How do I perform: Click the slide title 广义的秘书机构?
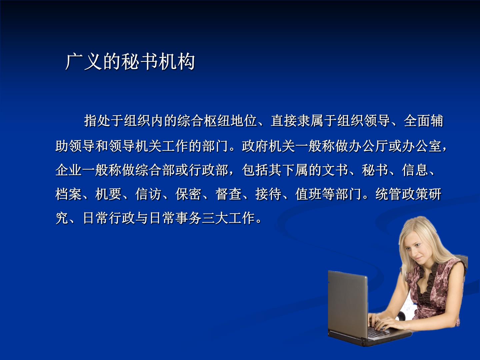tap(130, 62)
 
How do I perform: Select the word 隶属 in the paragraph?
tap(311, 121)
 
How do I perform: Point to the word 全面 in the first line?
tap(417, 121)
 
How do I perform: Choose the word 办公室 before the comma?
tap(422, 146)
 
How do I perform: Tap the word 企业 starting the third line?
tap(69, 170)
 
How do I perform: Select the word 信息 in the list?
tap(415, 170)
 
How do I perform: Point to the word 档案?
tap(69, 194)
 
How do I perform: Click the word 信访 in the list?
tap(148, 194)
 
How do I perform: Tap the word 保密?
tap(189, 194)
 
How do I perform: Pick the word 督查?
tap(229, 194)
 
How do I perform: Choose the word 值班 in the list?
tap(309, 194)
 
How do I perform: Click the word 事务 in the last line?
tap(189, 218)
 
